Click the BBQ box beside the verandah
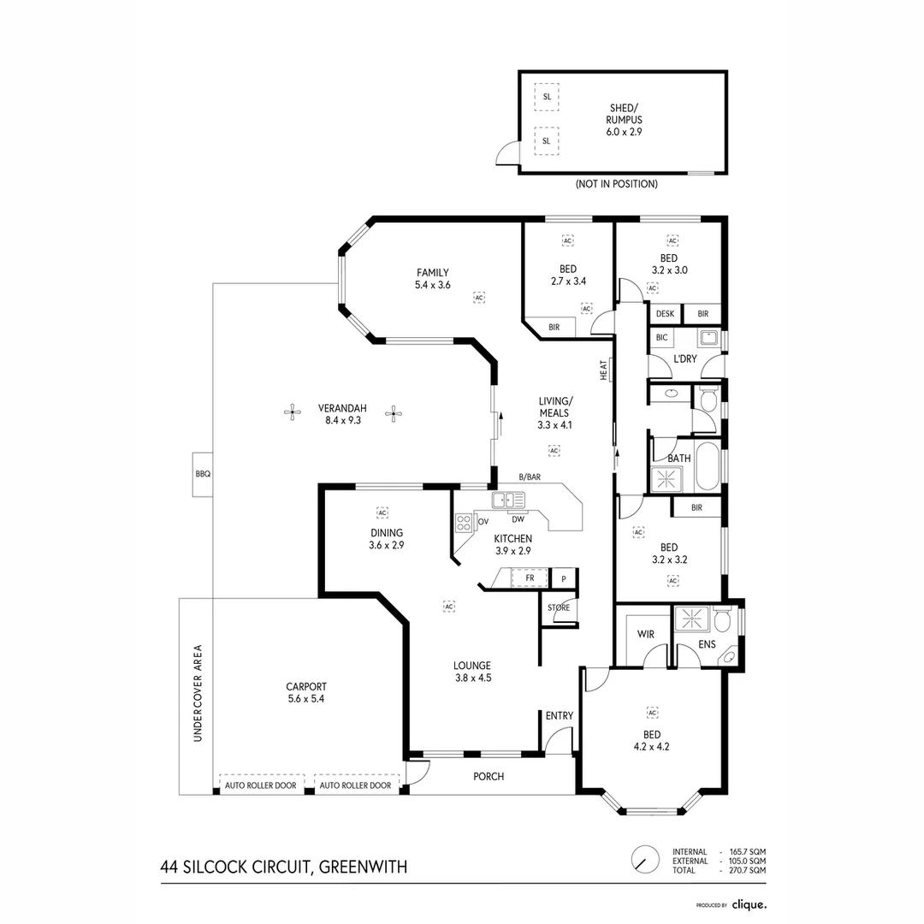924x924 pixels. click(x=203, y=474)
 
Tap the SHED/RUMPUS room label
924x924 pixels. click(x=625, y=114)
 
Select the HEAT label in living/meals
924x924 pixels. click(x=603, y=370)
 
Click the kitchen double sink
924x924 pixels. click(x=508, y=500)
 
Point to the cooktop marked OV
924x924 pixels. click(x=464, y=523)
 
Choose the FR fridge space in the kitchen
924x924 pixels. click(x=530, y=578)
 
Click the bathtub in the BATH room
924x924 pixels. click(x=708, y=466)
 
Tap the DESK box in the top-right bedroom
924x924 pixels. click(x=666, y=314)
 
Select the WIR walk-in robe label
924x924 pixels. click(x=646, y=635)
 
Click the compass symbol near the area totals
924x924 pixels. click(x=645, y=859)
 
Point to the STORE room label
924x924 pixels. click(x=559, y=607)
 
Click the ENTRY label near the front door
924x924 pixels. click(x=560, y=715)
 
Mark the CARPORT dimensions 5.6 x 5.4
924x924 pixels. click(x=306, y=699)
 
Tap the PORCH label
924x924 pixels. click(x=489, y=777)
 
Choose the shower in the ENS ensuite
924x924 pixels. click(x=691, y=619)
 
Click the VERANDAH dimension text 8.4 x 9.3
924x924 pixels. click(x=343, y=421)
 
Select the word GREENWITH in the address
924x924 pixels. click(x=363, y=868)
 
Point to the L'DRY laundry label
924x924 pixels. click(x=685, y=358)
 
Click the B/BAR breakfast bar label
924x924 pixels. click(x=530, y=477)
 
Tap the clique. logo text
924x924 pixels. click(x=749, y=904)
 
